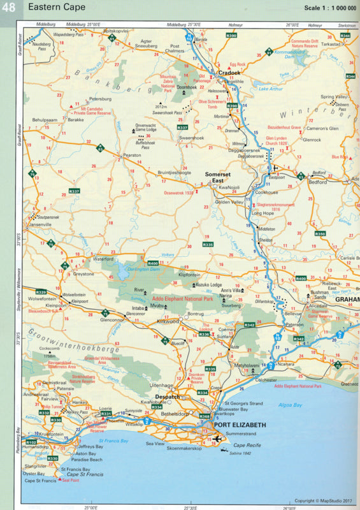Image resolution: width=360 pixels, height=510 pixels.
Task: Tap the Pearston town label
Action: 132,155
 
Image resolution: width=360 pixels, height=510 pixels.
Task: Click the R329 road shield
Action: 41,292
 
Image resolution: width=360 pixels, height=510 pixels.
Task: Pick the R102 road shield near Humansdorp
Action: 31,442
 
